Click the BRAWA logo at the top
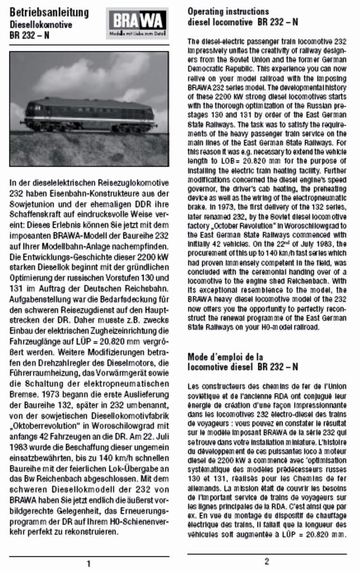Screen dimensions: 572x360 pyautogui.click(x=137, y=23)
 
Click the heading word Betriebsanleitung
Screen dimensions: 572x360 pyautogui.click(x=49, y=12)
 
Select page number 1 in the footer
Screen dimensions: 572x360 pyautogui.click(x=89, y=563)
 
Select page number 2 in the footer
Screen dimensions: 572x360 pyautogui.click(x=267, y=561)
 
